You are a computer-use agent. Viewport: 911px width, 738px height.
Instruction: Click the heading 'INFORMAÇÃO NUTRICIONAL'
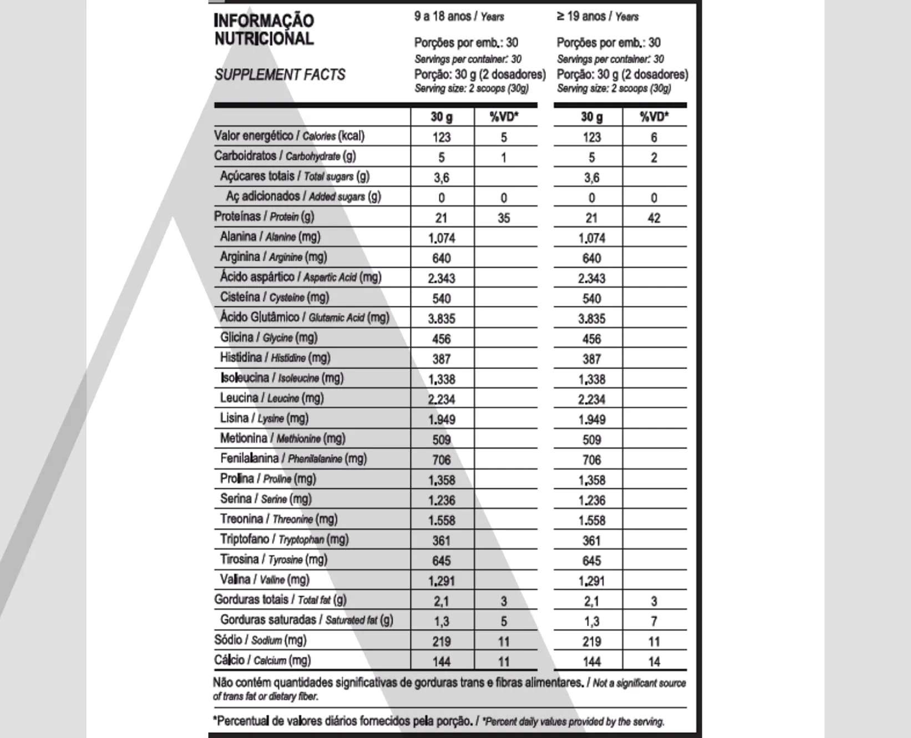click(x=264, y=29)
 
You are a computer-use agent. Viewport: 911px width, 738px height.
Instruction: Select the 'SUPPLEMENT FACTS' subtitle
click(x=280, y=75)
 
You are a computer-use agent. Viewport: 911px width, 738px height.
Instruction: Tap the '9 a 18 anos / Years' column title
click(x=459, y=17)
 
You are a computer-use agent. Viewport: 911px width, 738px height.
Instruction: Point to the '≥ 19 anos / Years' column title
click(x=598, y=17)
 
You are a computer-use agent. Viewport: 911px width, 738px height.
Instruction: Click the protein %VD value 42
click(x=654, y=218)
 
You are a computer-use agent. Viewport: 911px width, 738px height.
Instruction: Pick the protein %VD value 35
click(x=504, y=218)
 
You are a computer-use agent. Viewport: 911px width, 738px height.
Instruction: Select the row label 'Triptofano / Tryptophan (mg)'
click(x=284, y=539)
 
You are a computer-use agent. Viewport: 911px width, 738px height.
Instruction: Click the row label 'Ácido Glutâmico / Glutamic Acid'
click(x=305, y=317)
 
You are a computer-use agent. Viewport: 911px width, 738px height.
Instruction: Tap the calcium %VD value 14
click(x=654, y=661)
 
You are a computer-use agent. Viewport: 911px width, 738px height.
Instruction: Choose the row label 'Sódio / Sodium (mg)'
click(x=260, y=640)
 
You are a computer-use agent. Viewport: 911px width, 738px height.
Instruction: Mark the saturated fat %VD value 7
click(x=654, y=621)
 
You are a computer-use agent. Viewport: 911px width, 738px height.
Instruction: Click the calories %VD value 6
click(x=654, y=138)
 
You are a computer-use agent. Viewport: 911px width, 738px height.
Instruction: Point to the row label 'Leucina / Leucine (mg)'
click(x=272, y=398)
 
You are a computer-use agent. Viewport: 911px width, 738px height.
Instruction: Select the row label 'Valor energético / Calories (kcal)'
click(x=289, y=136)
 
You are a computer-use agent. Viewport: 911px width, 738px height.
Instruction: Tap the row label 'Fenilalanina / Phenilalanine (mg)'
click(x=293, y=458)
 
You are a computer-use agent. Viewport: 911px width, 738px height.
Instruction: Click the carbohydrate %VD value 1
click(x=504, y=158)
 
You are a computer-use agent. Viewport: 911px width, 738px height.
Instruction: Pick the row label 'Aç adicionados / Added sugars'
click(x=303, y=196)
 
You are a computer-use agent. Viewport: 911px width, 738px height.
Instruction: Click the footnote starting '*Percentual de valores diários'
click(x=438, y=721)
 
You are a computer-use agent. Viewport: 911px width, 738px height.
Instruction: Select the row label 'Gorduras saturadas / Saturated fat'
click(x=307, y=620)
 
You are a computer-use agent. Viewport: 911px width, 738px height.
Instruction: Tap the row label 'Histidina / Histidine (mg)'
click(x=275, y=358)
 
